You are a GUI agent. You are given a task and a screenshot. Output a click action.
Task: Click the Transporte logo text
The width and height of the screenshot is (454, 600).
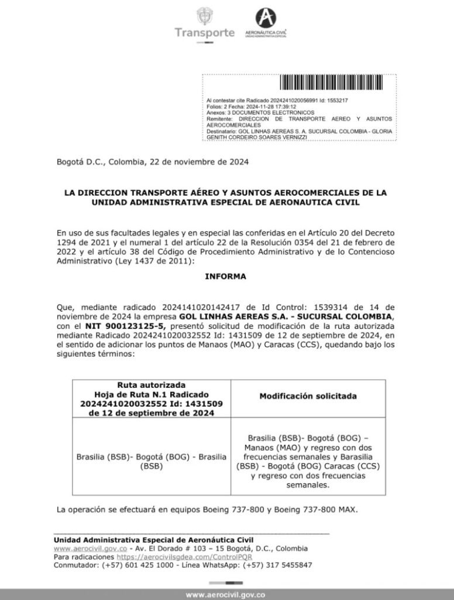205,32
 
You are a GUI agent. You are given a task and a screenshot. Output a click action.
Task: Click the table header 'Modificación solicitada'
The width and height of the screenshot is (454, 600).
308,397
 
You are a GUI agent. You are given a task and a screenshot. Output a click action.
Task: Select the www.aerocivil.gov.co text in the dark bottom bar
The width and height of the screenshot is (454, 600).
226,594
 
